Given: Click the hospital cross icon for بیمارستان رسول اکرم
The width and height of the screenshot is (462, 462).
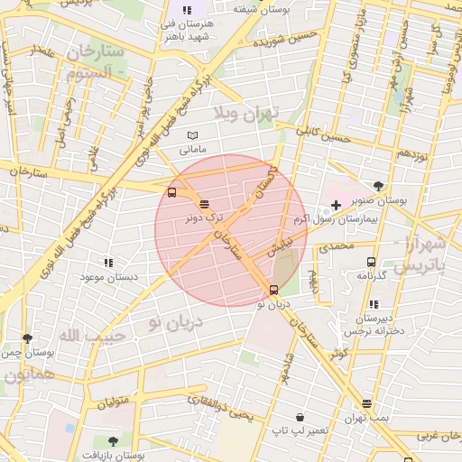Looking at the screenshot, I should coord(336,205).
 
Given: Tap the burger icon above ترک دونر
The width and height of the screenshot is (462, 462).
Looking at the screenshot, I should coord(204,204).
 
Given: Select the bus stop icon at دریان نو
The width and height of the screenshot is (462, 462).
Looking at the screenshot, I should coord(273,290).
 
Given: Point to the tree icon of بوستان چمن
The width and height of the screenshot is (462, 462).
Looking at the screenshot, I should coord(27,339).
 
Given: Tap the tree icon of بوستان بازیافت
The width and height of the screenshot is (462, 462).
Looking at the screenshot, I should coord(113,441).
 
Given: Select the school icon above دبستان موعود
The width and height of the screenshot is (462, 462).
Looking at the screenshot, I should coord(108,263).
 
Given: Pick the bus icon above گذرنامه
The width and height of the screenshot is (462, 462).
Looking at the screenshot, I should coord(370,261).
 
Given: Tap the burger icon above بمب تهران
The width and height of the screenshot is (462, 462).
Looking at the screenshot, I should coord(366,403).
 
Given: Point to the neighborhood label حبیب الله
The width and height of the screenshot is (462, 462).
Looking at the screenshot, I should coord(83,336).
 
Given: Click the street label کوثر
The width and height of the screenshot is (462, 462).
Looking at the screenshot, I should coord(338,353).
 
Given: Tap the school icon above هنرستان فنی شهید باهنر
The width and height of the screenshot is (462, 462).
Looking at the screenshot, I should coord(187,9).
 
